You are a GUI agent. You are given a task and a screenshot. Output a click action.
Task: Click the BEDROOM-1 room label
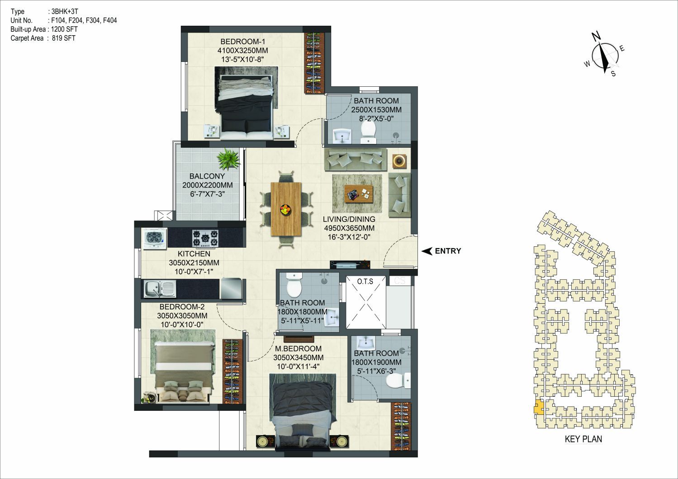pyautogui.click(x=242, y=42)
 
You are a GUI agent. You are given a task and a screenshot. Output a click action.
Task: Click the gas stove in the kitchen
pyautogui.click(x=205, y=238)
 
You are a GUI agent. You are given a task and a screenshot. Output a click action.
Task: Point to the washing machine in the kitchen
pyautogui.click(x=154, y=239)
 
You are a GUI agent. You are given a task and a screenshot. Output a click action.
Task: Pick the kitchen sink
pyautogui.click(x=160, y=288)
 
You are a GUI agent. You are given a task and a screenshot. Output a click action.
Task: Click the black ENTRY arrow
pyautogui.click(x=427, y=251)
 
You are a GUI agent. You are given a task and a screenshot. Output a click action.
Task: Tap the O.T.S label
pyautogui.click(x=365, y=282)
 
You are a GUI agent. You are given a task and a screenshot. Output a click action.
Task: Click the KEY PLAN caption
pyautogui.click(x=583, y=439)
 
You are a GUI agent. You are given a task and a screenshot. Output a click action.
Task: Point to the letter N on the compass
pyautogui.click(x=596, y=37)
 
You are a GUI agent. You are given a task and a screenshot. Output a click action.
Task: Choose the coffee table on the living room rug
pyautogui.click(x=359, y=194)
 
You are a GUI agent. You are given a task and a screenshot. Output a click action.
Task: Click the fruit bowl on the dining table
pyautogui.click(x=285, y=209)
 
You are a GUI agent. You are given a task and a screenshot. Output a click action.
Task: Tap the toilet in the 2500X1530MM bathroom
pyautogui.click(x=368, y=132)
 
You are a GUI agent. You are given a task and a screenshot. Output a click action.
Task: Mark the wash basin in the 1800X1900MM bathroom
pyautogui.click(x=365, y=343)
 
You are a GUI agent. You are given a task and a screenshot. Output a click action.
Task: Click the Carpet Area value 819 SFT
pyautogui.click(x=64, y=38)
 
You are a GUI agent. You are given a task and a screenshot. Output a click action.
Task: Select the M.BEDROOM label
pyautogui.click(x=298, y=349)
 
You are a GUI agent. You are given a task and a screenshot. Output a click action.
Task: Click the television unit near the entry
pyautogui.click(x=350, y=264)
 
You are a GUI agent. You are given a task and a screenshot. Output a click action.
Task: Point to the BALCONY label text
pyautogui.click(x=207, y=176)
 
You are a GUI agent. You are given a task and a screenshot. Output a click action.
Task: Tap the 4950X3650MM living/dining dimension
pyautogui.click(x=349, y=228)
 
